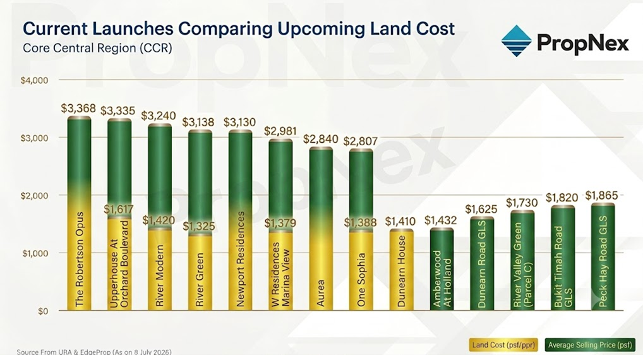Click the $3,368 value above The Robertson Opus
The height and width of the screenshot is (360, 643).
(78, 108)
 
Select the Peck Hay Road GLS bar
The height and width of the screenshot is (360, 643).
(603, 256)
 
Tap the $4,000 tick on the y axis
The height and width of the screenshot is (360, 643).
(35, 80)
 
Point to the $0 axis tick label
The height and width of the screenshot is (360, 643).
(43, 311)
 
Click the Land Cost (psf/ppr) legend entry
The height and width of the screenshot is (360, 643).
(503, 345)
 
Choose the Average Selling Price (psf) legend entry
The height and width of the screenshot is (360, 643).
(590, 345)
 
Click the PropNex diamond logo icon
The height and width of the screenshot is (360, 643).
(516, 41)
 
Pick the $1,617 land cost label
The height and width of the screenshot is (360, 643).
(119, 210)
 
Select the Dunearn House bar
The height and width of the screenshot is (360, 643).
(402, 270)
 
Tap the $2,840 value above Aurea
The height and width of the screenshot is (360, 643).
(321, 139)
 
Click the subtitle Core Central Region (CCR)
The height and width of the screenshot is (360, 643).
(98, 48)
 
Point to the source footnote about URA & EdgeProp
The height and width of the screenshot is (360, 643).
(94, 352)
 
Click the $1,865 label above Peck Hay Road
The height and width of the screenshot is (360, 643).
(601, 195)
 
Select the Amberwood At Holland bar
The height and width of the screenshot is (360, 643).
(442, 270)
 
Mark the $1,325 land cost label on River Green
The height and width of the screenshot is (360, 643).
(199, 226)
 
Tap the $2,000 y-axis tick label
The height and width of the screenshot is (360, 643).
(35, 196)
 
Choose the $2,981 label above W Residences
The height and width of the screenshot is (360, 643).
(281, 131)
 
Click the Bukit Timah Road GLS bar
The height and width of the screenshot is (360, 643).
(563, 258)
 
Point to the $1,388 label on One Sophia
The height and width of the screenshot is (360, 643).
(360, 222)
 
